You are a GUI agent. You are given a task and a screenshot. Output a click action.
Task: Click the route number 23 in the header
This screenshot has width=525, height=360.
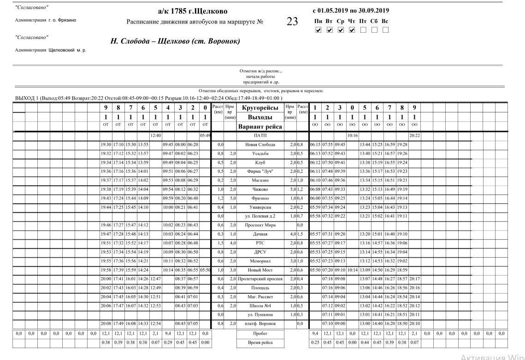292,22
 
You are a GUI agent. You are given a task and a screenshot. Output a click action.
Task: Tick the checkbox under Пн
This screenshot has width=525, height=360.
318,30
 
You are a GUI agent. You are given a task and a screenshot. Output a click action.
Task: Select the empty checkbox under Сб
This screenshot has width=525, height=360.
374,30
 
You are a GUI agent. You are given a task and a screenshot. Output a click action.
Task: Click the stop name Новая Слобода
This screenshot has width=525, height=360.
260,145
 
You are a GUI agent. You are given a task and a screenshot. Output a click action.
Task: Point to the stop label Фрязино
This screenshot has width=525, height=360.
260,198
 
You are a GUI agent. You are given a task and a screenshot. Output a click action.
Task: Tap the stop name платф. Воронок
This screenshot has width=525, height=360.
260,324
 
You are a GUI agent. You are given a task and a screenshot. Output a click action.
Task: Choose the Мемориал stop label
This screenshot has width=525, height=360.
260,261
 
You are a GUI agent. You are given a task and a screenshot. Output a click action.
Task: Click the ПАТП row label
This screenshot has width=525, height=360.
260,136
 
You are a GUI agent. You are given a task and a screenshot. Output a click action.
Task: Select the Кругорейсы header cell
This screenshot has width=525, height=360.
260,108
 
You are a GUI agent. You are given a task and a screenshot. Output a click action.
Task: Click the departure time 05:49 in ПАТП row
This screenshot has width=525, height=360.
205,136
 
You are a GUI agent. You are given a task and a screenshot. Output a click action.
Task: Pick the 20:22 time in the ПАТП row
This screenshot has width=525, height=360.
414,136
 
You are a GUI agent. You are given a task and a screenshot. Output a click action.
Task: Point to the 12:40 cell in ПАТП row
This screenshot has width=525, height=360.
155,136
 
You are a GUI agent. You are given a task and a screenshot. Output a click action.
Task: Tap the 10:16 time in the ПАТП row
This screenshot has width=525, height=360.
352,136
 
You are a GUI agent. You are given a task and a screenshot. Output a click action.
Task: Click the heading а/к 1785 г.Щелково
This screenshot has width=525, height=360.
192,11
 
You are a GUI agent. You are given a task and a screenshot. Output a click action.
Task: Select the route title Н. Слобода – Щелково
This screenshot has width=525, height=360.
175,41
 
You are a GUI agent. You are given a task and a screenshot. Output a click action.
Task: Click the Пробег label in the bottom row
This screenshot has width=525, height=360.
260,333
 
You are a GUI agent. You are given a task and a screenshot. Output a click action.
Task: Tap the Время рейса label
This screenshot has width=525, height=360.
260,342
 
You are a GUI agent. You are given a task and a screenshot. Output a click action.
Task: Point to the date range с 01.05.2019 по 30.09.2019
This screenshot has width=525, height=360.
350,11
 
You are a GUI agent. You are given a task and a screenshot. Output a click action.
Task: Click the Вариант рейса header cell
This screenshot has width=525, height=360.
260,127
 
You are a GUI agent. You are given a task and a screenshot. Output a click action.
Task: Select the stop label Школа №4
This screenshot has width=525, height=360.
260,306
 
